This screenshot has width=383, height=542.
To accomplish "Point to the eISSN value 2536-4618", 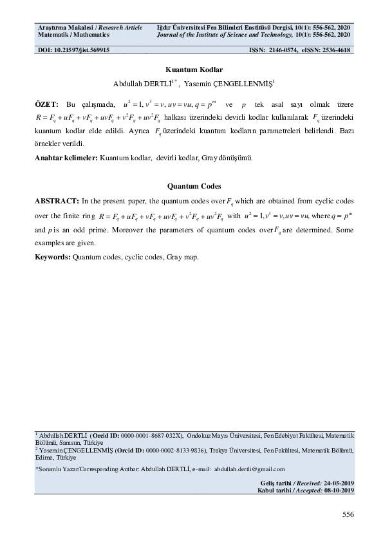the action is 333,50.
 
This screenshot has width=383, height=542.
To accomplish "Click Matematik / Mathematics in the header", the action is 73,34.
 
